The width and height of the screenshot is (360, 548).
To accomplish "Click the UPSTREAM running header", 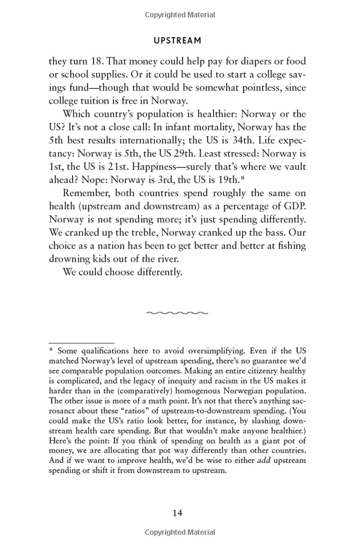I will pyautogui.click(x=177, y=41).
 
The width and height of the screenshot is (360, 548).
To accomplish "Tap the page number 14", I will pyautogui.click(x=177, y=513).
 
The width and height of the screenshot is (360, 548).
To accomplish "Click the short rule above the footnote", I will pyautogui.click(x=73, y=343).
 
